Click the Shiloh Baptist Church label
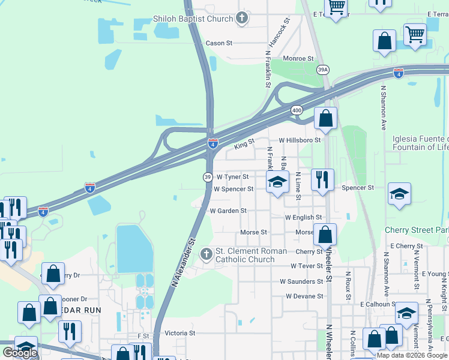(193, 19)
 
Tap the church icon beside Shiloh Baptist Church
(242, 18)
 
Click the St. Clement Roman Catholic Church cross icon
(206, 255)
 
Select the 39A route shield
(323, 70)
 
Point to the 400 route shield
(297, 110)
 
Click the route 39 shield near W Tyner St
(207, 177)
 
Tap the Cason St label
(218, 43)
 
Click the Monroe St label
(298, 58)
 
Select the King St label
(244, 144)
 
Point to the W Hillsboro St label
(300, 140)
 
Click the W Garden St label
(228, 211)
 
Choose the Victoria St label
(180, 332)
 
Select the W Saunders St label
(301, 281)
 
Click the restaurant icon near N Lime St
(322, 179)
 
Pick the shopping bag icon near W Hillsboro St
(325, 118)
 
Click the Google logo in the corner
(20, 353)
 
